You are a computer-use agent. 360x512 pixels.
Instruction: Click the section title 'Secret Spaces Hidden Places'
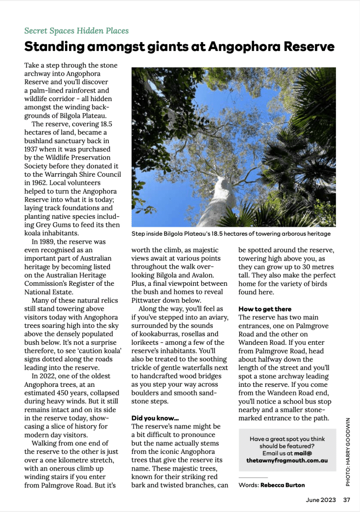[76, 31]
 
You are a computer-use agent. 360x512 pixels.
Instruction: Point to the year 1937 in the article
[34, 149]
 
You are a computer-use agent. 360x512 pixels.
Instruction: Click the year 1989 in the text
[50, 242]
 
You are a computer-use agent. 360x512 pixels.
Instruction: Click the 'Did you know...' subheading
[155, 417]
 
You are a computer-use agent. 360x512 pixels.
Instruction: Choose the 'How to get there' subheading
[265, 309]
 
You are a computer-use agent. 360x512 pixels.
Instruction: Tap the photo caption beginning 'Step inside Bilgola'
[231, 234]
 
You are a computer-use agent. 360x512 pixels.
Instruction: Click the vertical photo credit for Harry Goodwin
[348, 451]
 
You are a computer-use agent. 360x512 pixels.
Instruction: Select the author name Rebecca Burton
[282, 484]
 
